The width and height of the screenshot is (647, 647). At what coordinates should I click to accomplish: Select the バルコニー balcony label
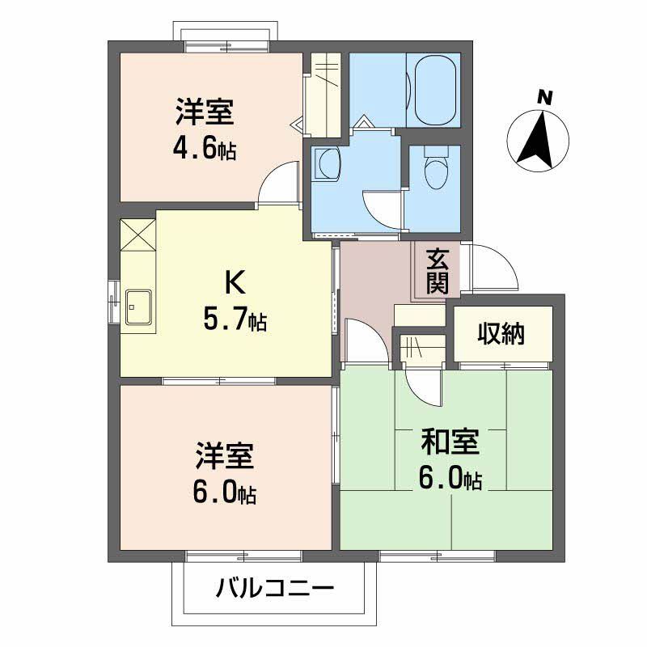click(274, 588)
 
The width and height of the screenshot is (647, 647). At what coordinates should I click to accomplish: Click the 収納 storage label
click(501, 332)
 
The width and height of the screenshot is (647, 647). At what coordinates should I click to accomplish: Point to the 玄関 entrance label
click(437, 272)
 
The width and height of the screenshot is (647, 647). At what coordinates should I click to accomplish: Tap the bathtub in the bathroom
click(433, 90)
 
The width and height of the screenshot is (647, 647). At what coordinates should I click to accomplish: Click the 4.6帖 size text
click(205, 150)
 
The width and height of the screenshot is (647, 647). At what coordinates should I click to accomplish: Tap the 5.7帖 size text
click(235, 320)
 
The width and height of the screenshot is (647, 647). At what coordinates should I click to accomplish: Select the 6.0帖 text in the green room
click(450, 479)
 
